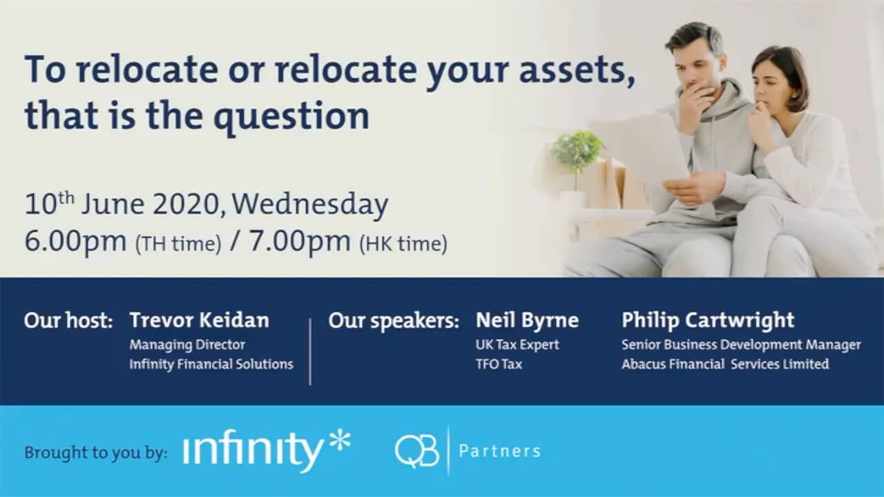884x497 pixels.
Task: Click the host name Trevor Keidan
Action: point(200,320)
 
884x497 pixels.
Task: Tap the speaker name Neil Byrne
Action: point(527,320)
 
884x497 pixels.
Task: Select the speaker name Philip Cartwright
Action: point(708,320)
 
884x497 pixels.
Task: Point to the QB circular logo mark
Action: point(416,451)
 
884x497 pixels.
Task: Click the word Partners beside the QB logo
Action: point(499,451)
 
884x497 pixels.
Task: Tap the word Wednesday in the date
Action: point(310,205)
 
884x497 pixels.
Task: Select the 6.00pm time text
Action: point(76,241)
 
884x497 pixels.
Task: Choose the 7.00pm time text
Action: point(300,241)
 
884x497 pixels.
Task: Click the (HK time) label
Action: point(403,244)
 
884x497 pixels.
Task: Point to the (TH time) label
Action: point(178,244)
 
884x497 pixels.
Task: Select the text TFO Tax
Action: point(499,364)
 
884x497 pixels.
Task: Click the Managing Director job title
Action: point(187,344)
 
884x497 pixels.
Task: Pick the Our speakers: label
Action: point(394,321)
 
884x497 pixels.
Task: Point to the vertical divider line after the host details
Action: point(310,352)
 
